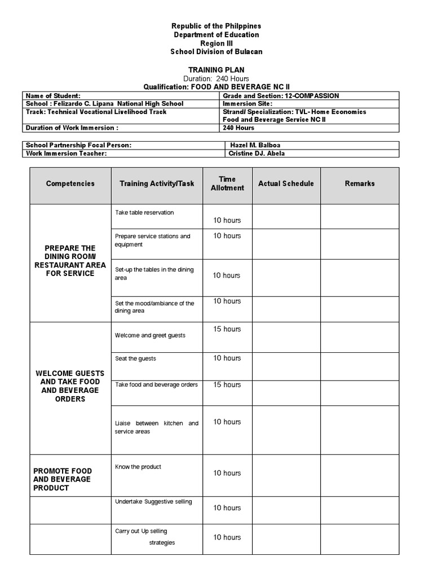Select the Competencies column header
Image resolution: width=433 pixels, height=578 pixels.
point(70,183)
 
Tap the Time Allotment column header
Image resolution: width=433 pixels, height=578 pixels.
point(227,183)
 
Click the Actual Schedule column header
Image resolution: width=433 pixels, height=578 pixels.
point(286,183)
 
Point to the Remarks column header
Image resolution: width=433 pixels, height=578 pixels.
point(360,183)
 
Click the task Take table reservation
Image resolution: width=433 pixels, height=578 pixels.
point(144,213)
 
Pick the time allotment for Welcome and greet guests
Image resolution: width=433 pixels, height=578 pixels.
point(227,329)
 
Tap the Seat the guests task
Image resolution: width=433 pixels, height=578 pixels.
point(135,358)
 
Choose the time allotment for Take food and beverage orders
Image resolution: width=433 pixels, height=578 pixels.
point(227,384)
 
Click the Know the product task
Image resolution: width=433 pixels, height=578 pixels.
point(138,467)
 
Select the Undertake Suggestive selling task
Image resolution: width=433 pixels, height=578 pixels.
point(153,501)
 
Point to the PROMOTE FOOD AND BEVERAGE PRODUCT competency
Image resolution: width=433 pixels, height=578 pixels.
point(63,479)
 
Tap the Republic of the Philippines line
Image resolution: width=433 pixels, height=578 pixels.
point(216,27)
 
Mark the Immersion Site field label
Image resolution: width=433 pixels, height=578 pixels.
point(248,104)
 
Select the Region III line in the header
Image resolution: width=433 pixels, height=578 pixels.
point(216,43)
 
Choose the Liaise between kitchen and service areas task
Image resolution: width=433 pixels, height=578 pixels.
point(156,427)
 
